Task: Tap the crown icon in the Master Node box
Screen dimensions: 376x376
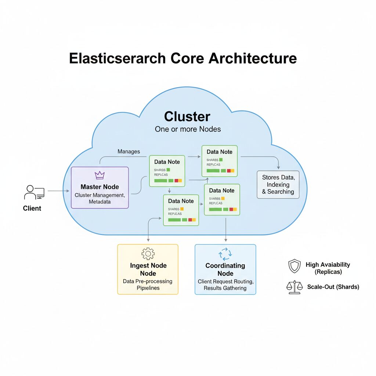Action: point(100,175)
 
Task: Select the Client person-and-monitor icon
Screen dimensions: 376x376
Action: point(34,192)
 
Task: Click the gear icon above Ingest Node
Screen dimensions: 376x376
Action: point(148,254)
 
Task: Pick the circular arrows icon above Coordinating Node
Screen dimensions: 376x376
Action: point(225,254)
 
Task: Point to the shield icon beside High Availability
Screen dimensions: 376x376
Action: point(294,266)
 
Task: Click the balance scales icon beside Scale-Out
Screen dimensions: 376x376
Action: point(294,287)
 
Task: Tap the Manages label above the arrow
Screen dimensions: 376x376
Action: point(129,151)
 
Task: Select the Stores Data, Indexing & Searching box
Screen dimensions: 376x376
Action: point(278,184)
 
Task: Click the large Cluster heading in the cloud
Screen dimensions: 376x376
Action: point(187,116)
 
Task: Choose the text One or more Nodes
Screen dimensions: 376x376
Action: point(187,129)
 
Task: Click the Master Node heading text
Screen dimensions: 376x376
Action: point(100,187)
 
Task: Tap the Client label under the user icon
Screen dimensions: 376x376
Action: point(32,208)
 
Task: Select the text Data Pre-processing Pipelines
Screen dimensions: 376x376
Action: point(148,285)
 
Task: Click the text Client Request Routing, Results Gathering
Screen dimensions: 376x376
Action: point(225,285)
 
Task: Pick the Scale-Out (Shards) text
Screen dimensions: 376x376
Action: point(333,287)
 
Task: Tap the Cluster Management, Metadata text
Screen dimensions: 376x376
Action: point(100,198)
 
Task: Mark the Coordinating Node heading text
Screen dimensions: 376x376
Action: point(225,270)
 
